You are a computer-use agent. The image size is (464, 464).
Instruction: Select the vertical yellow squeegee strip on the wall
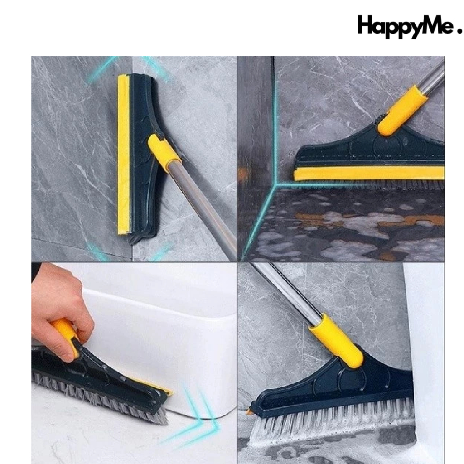pos(123,154)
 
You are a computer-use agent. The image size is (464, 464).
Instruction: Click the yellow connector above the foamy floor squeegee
pos(402,110)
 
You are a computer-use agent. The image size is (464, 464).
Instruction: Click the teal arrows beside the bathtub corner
pos(199,412)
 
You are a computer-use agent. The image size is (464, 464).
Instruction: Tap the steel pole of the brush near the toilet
pos(285,292)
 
